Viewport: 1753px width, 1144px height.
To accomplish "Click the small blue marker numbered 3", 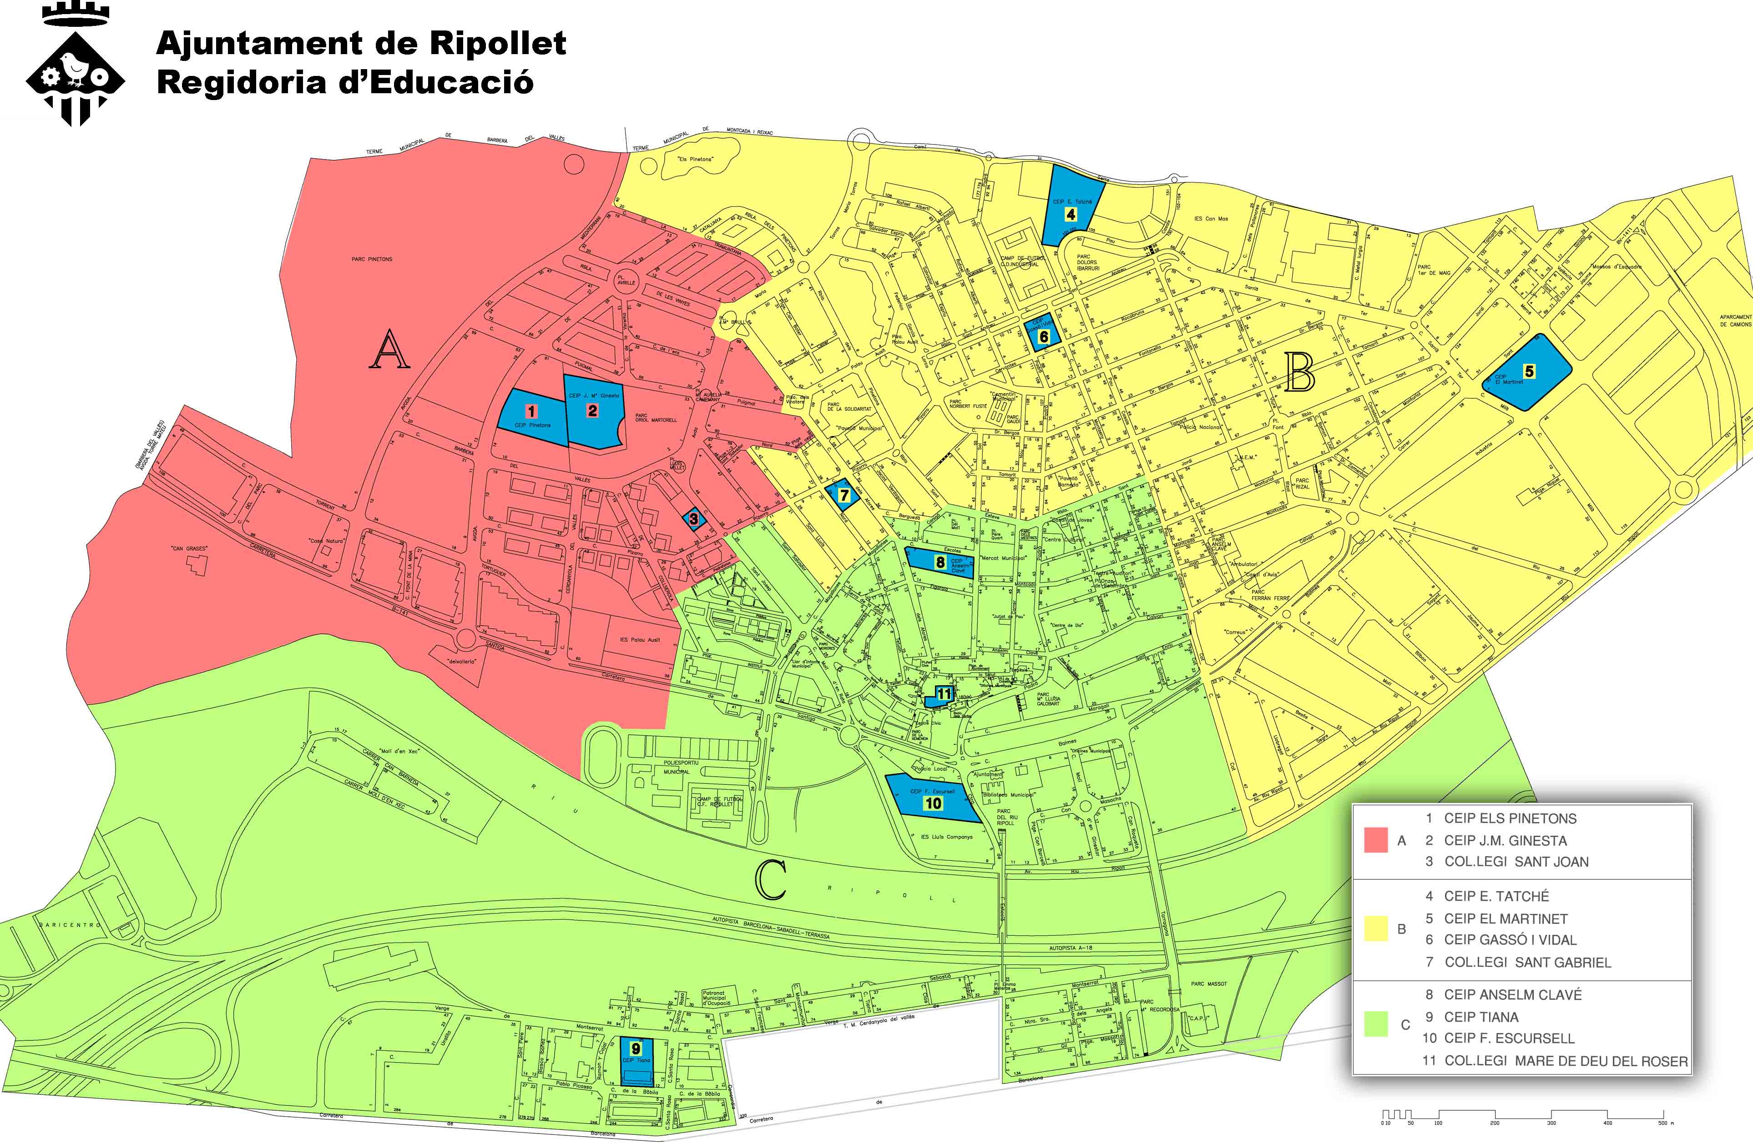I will [693, 519].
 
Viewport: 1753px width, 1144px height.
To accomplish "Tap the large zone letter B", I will [1299, 373].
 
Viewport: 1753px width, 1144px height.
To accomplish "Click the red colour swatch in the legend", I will [1376, 840].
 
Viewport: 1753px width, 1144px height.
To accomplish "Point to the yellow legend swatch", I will [1376, 928].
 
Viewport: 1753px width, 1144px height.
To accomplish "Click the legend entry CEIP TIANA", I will [1480, 1017].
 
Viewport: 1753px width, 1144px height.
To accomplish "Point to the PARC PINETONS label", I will [372, 259].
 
